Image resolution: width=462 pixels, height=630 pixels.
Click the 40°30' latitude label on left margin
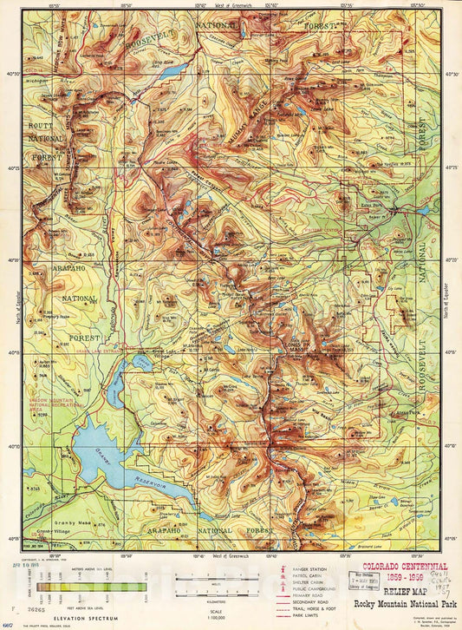[x=15, y=74]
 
